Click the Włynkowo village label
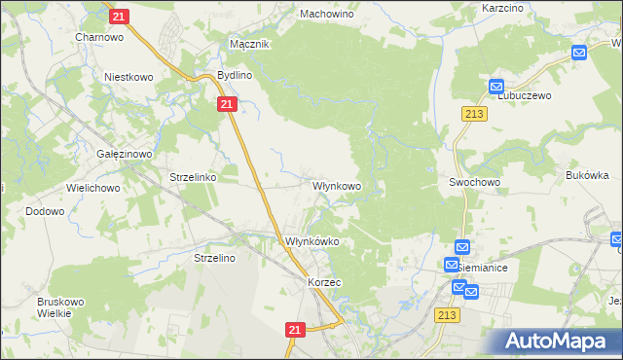pos(337,185)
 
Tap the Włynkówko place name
pos(311,241)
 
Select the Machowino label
pos(326,15)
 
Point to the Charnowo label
pos(98,38)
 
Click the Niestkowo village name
pos(130,75)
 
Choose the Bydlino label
pos(235,75)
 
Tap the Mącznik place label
pos(248,45)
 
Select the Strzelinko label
pos(193,178)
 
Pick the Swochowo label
pos(474,182)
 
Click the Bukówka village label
pos(587,176)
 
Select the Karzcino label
pos(504,8)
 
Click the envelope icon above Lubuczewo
pos(496,86)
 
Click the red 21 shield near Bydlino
pos(226,104)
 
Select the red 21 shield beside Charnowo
pos(118,17)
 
